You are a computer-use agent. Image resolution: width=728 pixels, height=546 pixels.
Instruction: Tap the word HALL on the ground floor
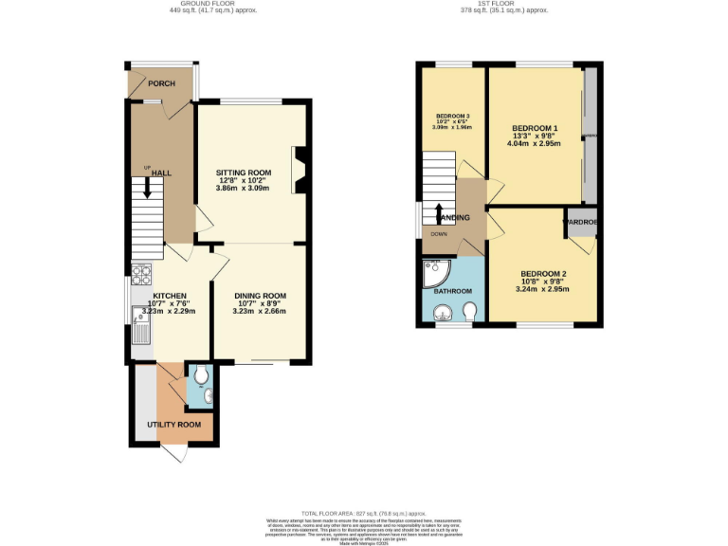[x=162, y=173]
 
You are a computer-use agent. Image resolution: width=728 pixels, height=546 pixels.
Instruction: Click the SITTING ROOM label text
[x=245, y=173]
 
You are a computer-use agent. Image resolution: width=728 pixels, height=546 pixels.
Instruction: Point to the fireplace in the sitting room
[x=300, y=170]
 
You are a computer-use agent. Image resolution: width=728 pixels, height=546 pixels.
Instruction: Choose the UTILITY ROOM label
[x=173, y=424]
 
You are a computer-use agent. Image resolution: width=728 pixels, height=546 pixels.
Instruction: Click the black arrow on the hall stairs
[x=147, y=188]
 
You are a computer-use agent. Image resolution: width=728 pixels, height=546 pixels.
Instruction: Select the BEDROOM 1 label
[x=535, y=128]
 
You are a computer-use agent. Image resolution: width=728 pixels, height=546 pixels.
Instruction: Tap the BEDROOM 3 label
[x=452, y=117]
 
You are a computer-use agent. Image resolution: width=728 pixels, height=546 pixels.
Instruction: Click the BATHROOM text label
[x=452, y=291]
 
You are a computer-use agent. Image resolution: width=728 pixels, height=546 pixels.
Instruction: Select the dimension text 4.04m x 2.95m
[x=535, y=144]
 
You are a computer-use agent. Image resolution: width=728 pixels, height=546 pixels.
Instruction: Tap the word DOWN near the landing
[x=439, y=233]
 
